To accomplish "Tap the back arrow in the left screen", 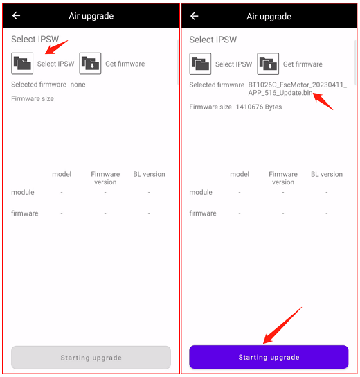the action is pos(16,16).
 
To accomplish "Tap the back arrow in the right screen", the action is pos(194,16).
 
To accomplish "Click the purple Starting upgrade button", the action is pos(269,357).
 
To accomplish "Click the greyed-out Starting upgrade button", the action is pos(91,358).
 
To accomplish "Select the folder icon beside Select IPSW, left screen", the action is pos(22,64).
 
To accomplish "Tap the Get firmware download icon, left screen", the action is pos(90,64).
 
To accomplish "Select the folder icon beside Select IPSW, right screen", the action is pos(200,64).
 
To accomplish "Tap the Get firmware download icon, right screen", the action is pos(268,64).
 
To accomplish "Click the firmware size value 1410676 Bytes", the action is pos(259,107).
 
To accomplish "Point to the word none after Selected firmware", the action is pos(78,85).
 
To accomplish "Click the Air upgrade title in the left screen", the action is pos(91,16).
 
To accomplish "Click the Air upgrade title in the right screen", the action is pos(269,17).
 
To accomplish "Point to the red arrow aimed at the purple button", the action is pos(282,325).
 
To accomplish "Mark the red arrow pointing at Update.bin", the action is pos(323,101).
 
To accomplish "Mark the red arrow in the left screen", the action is pos(57,47).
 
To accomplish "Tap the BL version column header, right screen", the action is pos(327,174).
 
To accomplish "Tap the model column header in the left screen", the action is pos(62,174).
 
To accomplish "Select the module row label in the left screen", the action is pos(23,193).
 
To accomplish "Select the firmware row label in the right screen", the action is pos(203,213).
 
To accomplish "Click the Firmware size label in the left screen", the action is pos(33,99).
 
